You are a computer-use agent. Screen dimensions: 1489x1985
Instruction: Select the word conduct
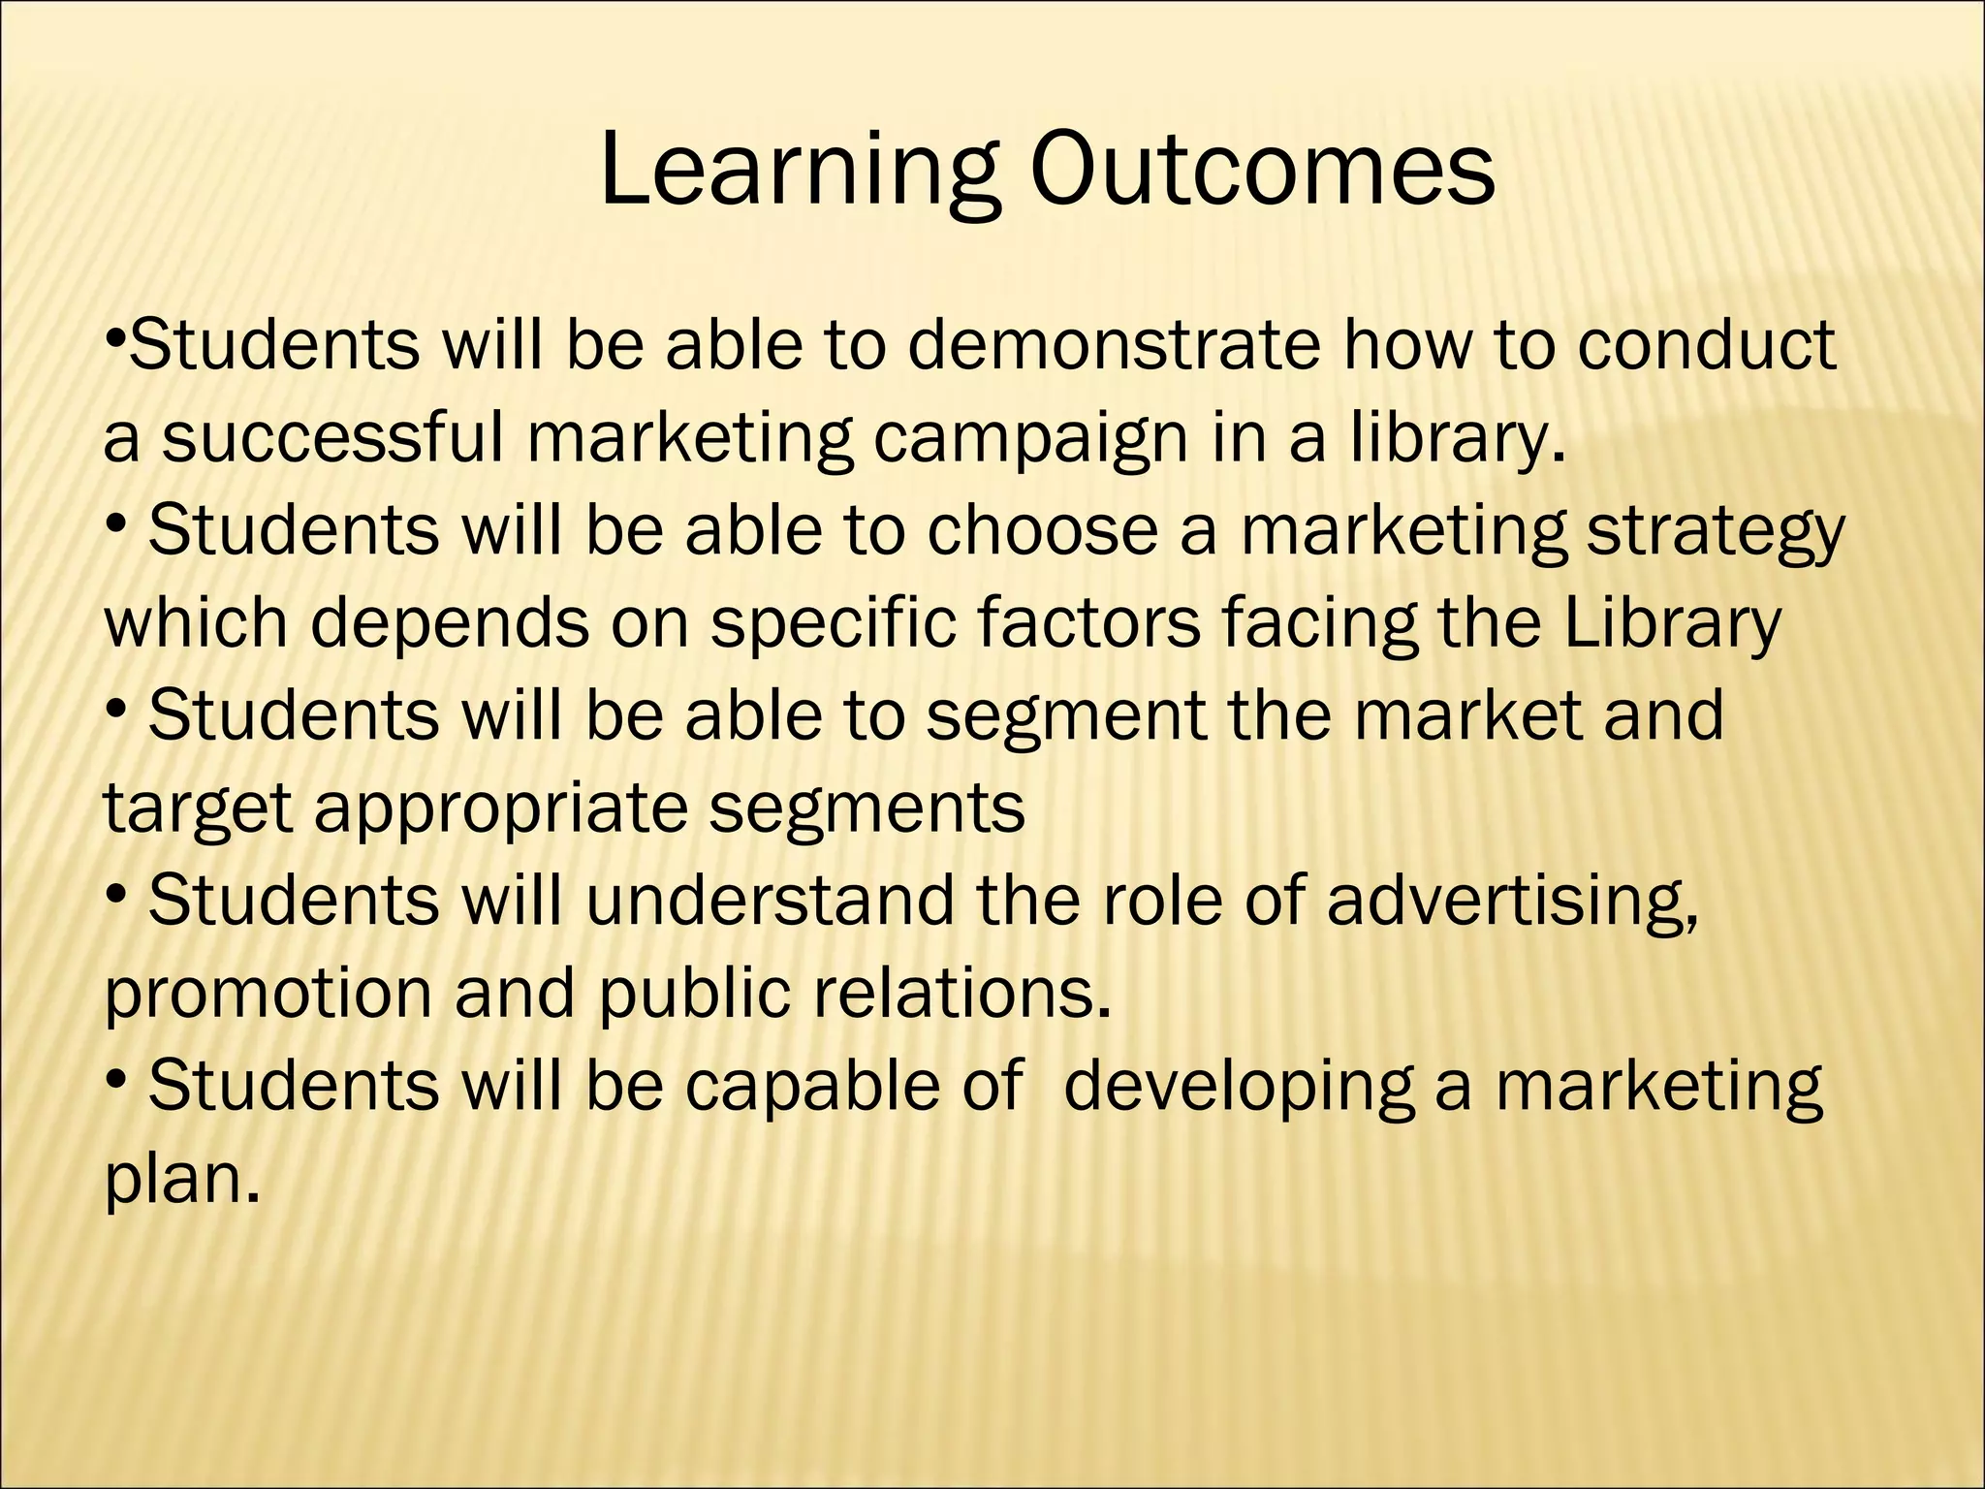click(1706, 345)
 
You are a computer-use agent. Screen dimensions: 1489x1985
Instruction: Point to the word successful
click(332, 438)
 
